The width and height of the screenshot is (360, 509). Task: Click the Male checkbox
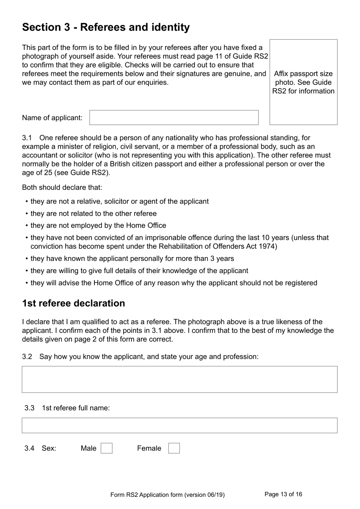(x=106, y=448)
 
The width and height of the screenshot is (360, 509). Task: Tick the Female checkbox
(x=174, y=448)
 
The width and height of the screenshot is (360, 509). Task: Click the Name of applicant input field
(x=174, y=118)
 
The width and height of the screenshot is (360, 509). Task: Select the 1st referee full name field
(x=179, y=426)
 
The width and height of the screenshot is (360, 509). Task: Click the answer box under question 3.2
(x=179, y=379)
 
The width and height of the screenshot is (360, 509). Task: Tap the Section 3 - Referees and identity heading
(x=106, y=27)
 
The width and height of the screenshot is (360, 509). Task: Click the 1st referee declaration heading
(x=74, y=303)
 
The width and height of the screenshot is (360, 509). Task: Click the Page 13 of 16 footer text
(x=283, y=494)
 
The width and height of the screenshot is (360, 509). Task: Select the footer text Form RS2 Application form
(x=167, y=495)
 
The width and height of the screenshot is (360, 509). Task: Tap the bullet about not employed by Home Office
(x=98, y=226)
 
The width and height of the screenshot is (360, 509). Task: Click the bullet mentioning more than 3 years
(x=132, y=259)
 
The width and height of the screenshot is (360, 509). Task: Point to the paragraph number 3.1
(x=27, y=138)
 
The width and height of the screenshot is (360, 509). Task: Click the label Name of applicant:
(x=52, y=118)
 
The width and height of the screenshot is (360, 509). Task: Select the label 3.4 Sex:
(x=40, y=448)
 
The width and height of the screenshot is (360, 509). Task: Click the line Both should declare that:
(x=62, y=187)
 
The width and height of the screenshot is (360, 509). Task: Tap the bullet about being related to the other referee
(x=93, y=214)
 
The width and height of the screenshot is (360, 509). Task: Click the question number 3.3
(x=29, y=408)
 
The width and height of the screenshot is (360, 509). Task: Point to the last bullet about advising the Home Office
(x=174, y=283)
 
